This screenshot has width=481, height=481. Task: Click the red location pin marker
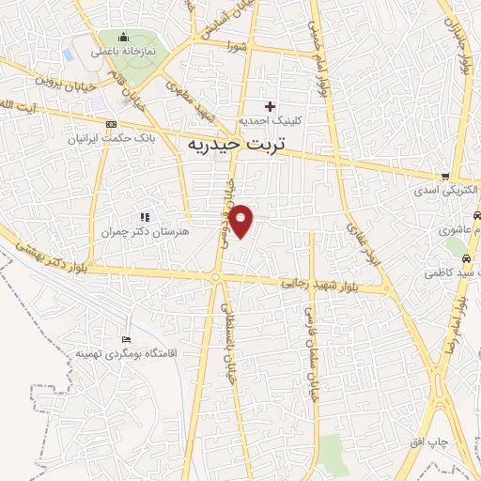tap(241, 220)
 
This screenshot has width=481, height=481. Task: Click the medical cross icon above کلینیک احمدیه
tap(272, 106)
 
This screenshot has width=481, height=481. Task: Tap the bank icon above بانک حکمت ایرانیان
tap(112, 124)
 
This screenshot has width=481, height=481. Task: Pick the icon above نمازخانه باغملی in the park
tap(124, 38)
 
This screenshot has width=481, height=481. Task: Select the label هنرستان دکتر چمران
tap(144, 230)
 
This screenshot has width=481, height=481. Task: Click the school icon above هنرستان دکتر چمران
tap(145, 216)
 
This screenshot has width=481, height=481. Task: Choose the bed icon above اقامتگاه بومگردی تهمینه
tap(127, 338)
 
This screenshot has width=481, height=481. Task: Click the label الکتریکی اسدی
tap(445, 191)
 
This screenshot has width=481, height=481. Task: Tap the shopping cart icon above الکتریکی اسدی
tap(446, 176)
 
